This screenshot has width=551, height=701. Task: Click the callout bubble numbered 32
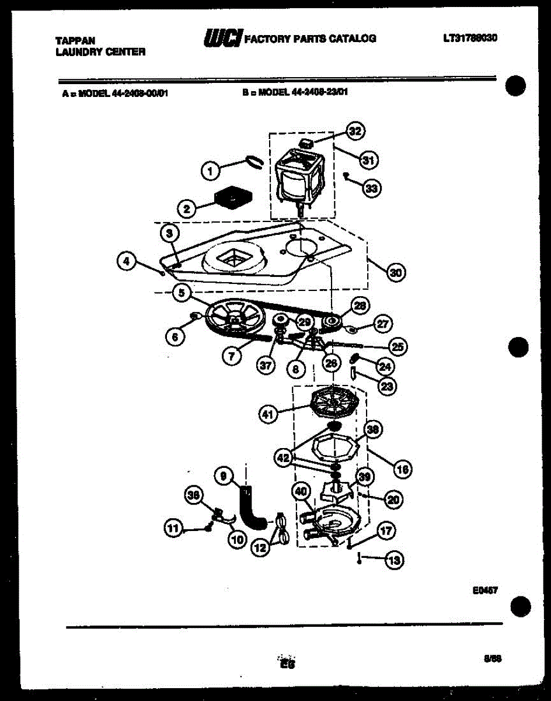354,132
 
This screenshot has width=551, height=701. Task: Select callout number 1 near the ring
211,171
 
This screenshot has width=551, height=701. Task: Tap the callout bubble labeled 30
396,272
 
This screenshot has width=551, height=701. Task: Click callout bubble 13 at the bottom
395,561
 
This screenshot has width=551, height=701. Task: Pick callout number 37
266,365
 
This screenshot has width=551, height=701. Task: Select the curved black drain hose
251,506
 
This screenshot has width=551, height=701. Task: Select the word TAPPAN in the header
75,41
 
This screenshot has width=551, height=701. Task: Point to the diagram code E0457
485,590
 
